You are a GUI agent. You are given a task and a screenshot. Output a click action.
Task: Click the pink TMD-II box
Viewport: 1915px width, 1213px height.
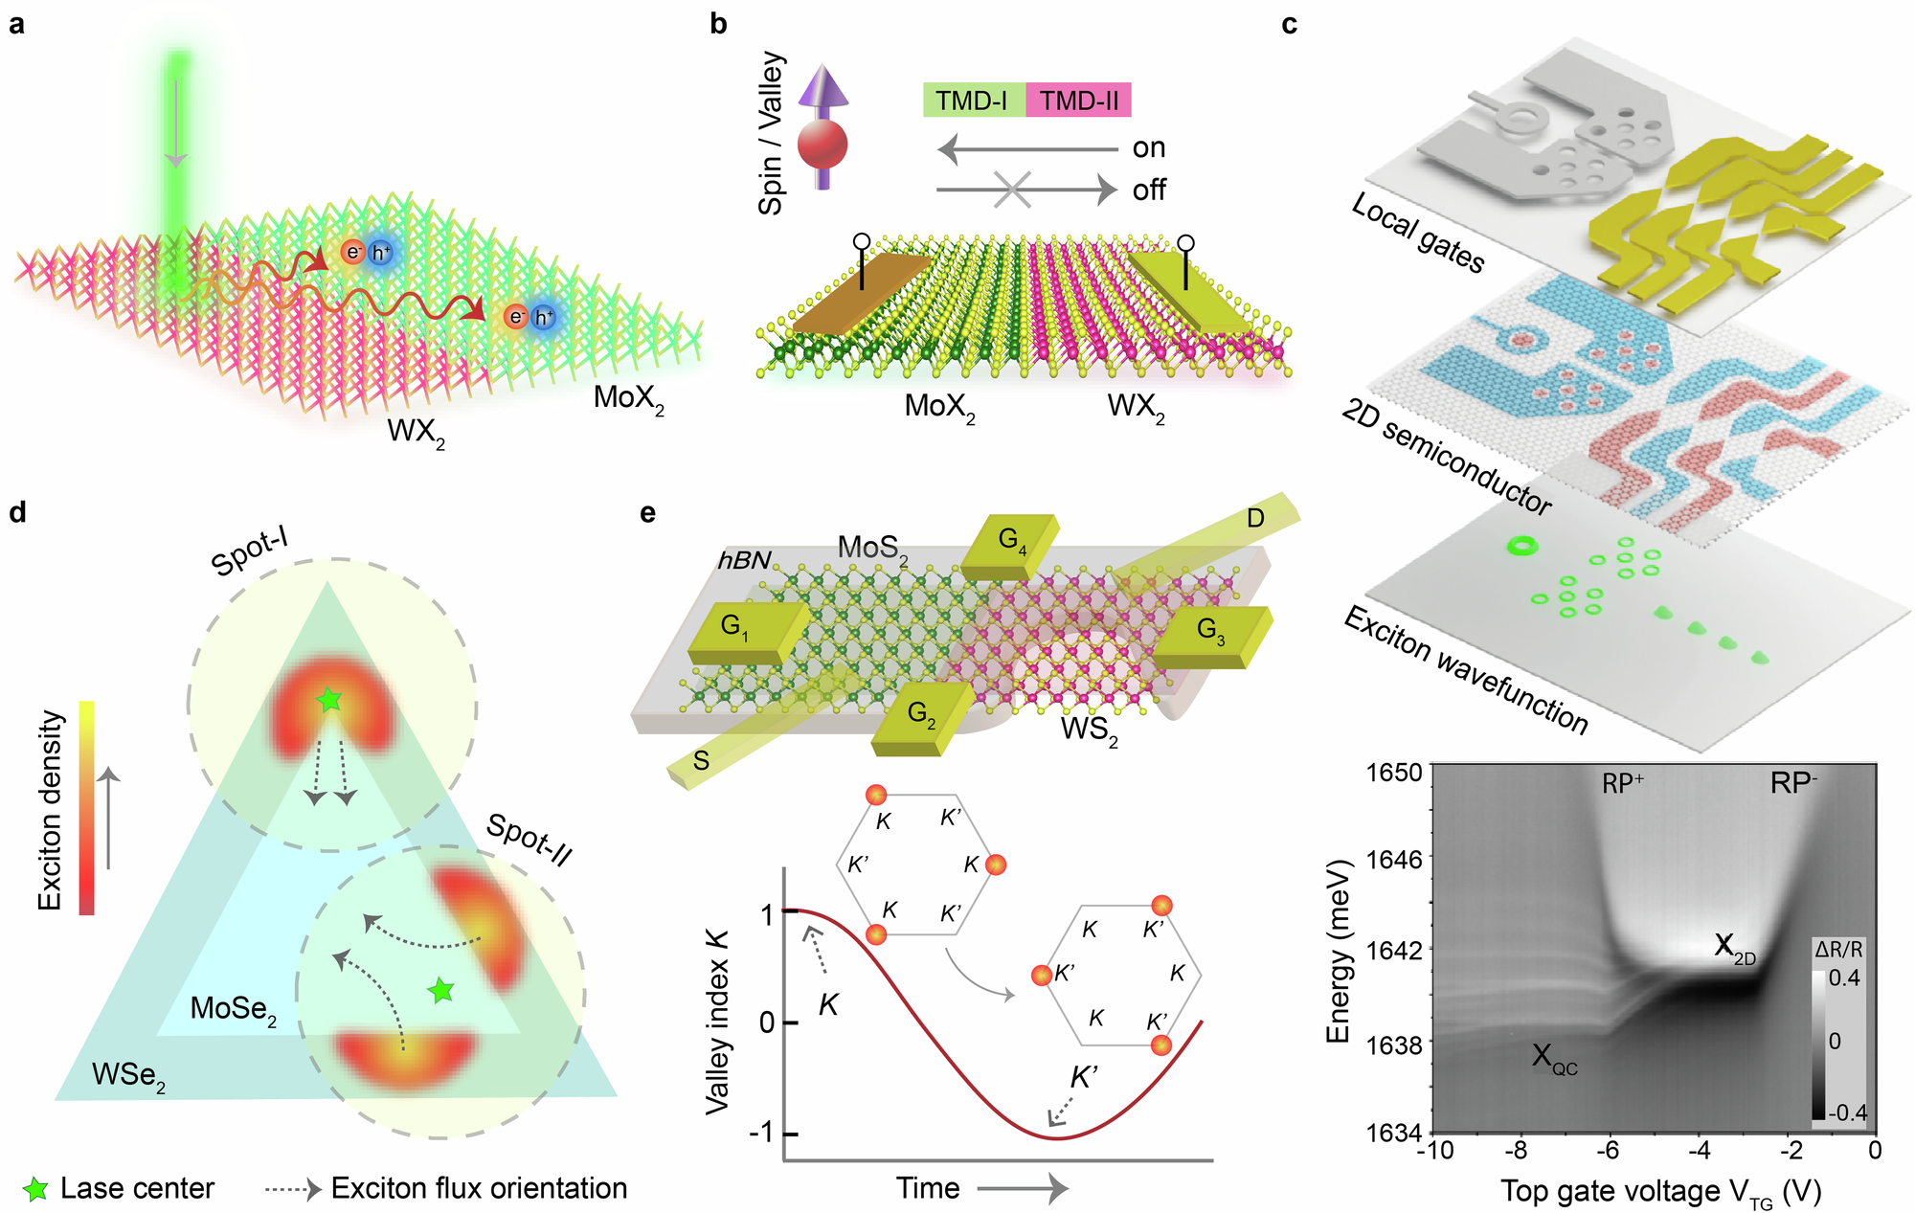point(1078,101)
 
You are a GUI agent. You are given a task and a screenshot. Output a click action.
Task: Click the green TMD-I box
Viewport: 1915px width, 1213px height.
point(973,101)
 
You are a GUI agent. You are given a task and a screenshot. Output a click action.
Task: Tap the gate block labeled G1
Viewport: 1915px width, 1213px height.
point(745,631)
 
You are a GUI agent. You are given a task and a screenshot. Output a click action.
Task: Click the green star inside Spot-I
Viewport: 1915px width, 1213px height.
point(329,700)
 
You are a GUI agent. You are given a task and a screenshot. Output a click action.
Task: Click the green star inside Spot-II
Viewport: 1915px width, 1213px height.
point(440,990)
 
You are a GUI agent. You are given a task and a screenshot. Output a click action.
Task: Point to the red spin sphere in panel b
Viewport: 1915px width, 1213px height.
point(822,146)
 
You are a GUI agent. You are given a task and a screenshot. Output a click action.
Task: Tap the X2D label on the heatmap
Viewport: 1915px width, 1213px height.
point(1734,948)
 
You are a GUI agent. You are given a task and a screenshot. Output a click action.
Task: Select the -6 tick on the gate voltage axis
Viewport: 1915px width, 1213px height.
point(1609,1150)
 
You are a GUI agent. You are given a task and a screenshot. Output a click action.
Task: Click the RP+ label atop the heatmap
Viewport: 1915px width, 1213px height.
point(1622,783)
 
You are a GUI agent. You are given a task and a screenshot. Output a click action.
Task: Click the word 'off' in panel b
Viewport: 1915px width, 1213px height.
point(1149,191)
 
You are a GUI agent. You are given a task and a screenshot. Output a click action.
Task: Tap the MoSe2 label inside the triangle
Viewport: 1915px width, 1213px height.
point(233,1009)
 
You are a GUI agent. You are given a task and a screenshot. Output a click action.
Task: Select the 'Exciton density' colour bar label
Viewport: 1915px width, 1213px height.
point(51,810)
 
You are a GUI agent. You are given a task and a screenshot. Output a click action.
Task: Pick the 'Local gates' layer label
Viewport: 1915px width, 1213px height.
point(1417,233)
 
